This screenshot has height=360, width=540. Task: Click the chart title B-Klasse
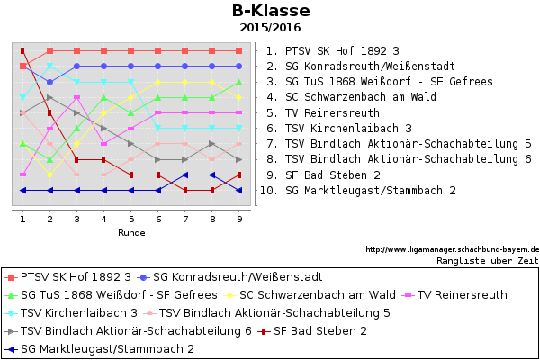click(271, 11)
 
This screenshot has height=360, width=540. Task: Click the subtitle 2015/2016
click(270, 28)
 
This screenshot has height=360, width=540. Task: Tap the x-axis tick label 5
click(131, 219)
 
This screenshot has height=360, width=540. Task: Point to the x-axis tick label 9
click(239, 219)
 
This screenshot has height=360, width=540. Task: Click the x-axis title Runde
click(131, 233)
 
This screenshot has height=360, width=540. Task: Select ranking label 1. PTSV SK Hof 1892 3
click(333, 51)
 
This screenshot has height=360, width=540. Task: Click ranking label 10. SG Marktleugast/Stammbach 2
click(358, 191)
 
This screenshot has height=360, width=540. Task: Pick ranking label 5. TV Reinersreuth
click(323, 113)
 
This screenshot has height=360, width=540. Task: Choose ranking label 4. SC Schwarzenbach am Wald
click(351, 97)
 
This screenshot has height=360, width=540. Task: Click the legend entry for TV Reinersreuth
click(454, 295)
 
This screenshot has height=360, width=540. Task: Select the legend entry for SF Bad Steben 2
click(312, 331)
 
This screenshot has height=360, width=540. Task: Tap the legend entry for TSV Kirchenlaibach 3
click(71, 313)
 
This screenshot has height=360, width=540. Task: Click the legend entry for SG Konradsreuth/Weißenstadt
click(230, 277)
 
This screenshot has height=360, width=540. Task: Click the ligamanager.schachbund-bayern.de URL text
click(453, 249)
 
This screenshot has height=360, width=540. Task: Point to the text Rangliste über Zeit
click(488, 260)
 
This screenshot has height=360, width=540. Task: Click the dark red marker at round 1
click(22, 51)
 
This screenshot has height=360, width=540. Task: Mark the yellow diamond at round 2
click(49, 175)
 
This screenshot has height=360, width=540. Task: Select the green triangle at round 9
click(239, 82)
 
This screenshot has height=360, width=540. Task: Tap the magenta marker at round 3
click(77, 97)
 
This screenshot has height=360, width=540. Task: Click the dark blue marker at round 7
click(185, 175)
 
